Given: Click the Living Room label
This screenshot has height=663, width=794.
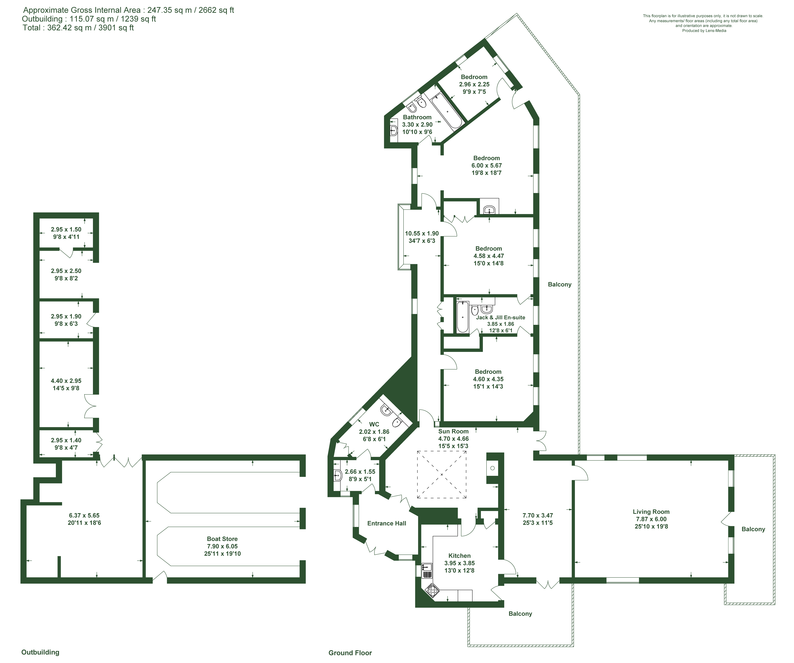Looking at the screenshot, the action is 651,512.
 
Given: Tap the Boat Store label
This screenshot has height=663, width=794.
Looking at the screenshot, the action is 222,539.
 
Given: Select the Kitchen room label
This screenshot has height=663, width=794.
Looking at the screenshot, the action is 459,556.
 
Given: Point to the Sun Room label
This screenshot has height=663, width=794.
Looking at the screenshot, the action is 453,431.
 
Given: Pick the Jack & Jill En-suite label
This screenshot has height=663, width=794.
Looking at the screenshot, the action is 501,317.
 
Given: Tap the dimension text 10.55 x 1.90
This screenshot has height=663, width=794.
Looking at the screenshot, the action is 422,234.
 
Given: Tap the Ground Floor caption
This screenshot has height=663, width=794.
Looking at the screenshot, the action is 350,653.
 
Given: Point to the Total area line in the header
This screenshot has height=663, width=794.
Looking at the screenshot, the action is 78,28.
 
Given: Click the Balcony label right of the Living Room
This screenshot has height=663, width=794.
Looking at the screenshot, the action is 753,529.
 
